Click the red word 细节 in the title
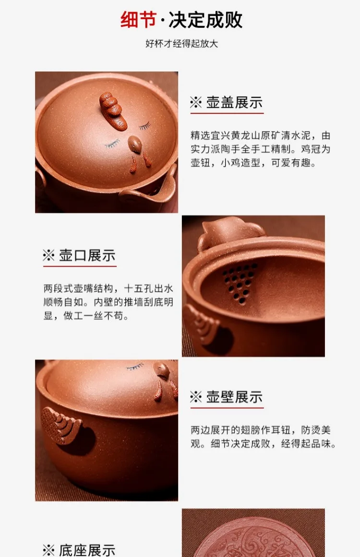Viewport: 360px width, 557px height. (138, 19)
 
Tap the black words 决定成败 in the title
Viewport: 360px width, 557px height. (205, 19)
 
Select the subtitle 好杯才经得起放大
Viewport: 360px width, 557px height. (181, 44)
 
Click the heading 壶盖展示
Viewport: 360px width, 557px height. (234, 103)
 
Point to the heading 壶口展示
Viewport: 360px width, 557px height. (87, 255)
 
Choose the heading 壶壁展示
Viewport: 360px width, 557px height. (234, 397)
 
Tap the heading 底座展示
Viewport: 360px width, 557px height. (87, 550)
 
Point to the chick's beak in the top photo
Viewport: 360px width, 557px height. (135, 144)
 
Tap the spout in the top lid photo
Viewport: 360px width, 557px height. (149, 190)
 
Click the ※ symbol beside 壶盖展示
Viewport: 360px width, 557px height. (196, 103)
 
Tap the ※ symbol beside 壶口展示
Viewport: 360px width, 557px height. (48, 255)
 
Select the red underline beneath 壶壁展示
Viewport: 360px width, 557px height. (227, 408)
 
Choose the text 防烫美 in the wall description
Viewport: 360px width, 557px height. (316, 430)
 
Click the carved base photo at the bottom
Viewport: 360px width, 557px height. (253, 533)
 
